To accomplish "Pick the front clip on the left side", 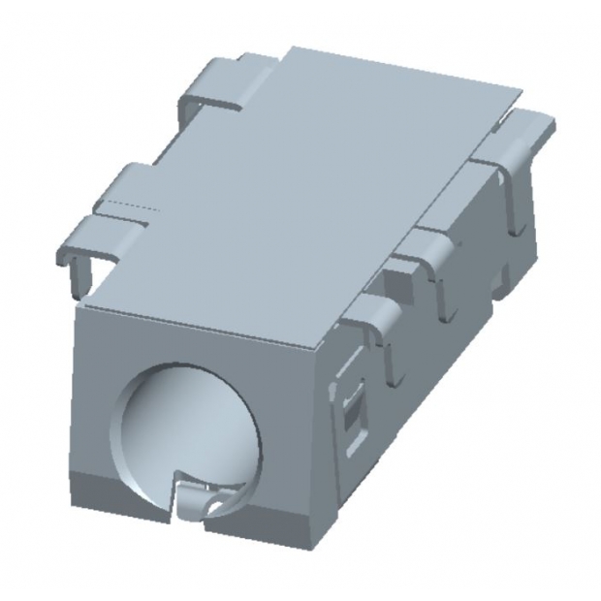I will point(107,218).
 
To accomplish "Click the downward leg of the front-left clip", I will point(75,271).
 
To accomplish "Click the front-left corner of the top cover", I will point(78,306).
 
